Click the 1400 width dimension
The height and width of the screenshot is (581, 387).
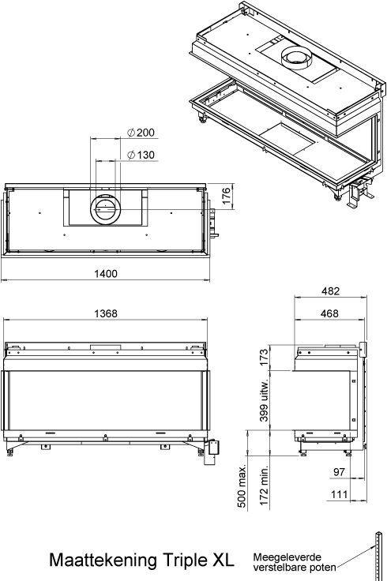[x=106, y=274]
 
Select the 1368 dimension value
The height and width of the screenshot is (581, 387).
[x=106, y=313]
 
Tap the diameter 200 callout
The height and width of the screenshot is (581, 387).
[x=141, y=133]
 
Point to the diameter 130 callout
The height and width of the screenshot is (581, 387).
[x=141, y=155]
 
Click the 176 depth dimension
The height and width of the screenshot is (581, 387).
[x=226, y=196]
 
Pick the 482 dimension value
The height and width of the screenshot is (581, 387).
[x=330, y=290]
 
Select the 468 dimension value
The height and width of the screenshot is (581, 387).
[x=329, y=313]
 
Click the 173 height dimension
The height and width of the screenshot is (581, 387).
[x=264, y=357]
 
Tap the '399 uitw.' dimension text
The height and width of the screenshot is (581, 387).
[x=264, y=400]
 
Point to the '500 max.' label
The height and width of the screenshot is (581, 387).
[x=242, y=487]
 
